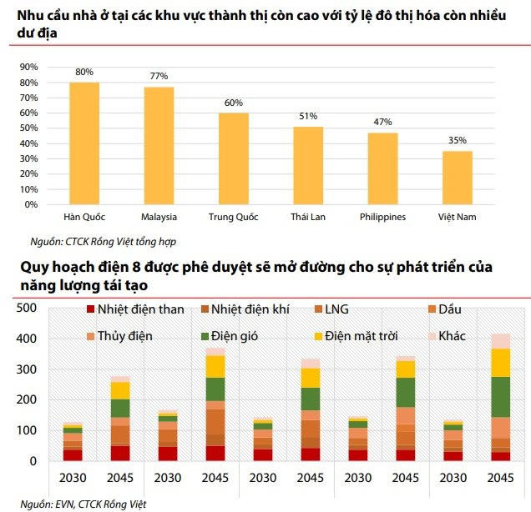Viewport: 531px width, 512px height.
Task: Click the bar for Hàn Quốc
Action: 84,143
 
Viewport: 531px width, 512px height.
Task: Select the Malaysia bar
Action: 159,145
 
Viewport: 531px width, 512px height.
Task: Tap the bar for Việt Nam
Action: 458,177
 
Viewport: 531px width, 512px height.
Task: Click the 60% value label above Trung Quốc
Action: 234,103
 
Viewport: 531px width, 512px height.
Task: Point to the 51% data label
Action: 308,117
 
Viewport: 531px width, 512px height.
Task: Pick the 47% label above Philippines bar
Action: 382,123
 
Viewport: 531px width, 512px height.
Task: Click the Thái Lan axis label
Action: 307,218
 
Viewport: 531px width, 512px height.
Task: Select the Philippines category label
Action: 382,218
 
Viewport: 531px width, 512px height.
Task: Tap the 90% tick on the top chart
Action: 29,67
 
